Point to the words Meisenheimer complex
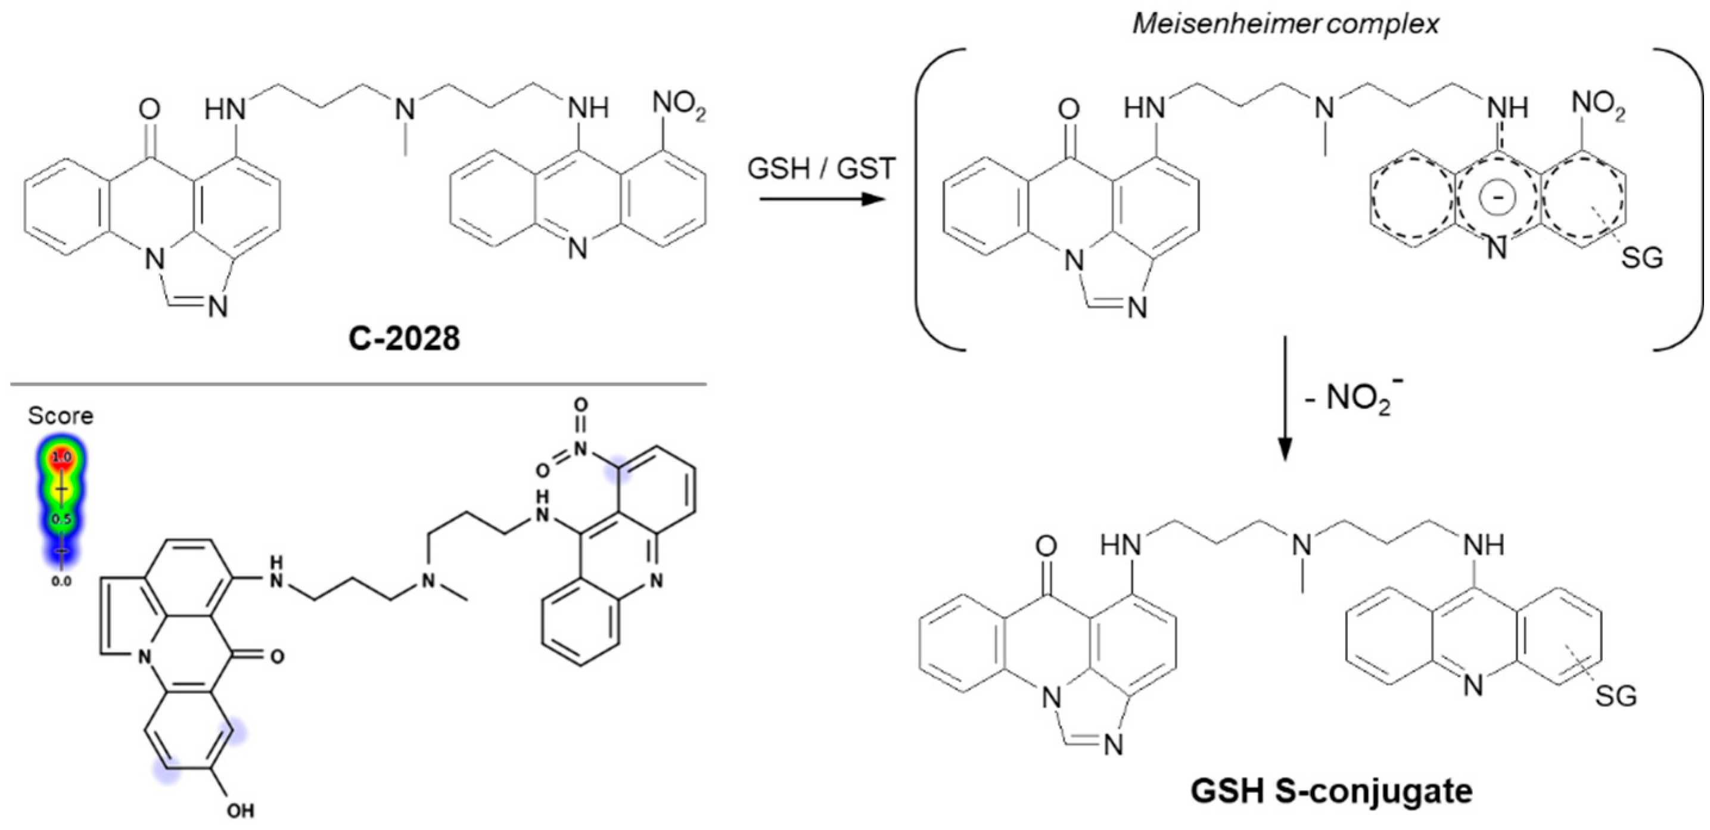[x=1286, y=24]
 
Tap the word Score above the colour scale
[x=60, y=416]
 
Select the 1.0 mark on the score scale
[x=62, y=458]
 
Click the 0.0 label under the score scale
[x=62, y=582]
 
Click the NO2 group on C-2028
[x=678, y=108]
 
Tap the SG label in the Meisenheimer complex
[x=1641, y=257]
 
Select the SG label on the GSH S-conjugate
[x=1615, y=697]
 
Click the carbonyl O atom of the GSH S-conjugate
[x=1046, y=546]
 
